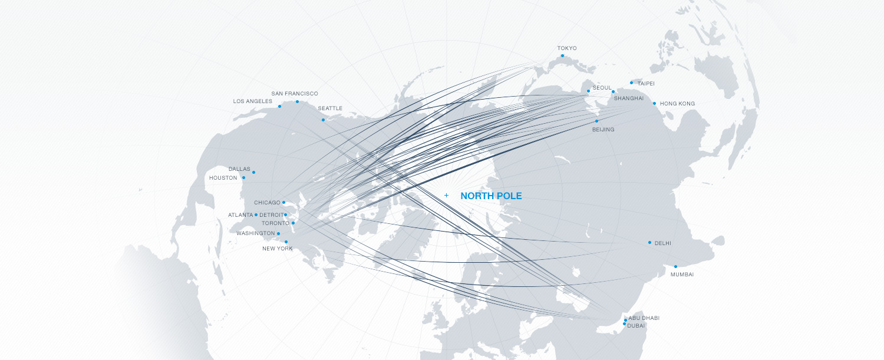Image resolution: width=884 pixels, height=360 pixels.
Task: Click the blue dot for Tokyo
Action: click(x=562, y=56)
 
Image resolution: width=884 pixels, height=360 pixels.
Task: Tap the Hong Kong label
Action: click(x=677, y=104)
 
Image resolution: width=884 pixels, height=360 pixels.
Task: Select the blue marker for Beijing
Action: click(x=596, y=121)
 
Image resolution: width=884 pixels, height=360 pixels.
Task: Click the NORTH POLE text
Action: click(x=491, y=196)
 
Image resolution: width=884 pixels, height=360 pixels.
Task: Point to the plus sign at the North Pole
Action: click(x=446, y=195)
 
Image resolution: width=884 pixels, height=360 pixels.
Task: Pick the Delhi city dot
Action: click(x=649, y=243)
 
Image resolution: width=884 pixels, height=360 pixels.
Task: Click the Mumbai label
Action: click(x=682, y=275)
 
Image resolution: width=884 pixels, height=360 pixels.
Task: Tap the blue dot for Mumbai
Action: click(x=675, y=267)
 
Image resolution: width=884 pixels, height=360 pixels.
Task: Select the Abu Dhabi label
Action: click(x=644, y=318)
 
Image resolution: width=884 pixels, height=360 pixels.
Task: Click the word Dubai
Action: click(x=636, y=325)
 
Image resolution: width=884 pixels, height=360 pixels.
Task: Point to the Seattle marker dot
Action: click(x=323, y=120)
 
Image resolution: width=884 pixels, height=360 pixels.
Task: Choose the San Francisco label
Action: click(x=295, y=94)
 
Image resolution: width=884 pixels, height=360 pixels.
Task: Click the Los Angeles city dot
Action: click(x=279, y=106)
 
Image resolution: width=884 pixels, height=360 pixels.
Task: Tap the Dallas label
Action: click(x=239, y=169)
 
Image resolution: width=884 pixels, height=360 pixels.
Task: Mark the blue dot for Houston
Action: click(x=243, y=177)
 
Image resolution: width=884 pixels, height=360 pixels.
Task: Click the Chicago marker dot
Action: click(x=283, y=202)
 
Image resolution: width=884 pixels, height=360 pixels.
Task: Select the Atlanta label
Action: click(x=240, y=215)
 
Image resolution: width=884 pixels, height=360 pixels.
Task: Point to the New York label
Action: click(x=277, y=249)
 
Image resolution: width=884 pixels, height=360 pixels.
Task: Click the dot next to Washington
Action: click(x=278, y=233)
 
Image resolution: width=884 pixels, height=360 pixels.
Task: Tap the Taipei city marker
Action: click(x=631, y=82)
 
